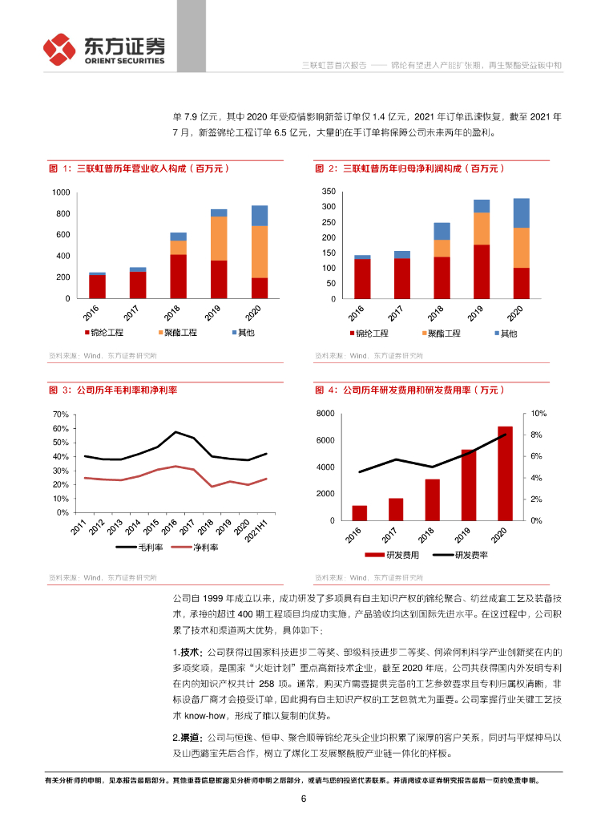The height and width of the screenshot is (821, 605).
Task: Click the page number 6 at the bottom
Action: click(x=304, y=799)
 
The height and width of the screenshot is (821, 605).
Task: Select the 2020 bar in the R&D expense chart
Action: click(x=504, y=473)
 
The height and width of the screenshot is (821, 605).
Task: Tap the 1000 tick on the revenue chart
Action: click(x=61, y=193)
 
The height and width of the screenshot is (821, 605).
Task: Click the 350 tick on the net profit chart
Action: click(x=328, y=192)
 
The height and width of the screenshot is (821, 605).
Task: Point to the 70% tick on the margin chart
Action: click(x=60, y=414)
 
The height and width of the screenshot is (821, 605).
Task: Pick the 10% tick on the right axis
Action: click(x=538, y=414)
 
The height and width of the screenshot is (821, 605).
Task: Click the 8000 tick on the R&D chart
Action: click(x=325, y=414)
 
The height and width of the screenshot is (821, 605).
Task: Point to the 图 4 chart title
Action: click(x=409, y=390)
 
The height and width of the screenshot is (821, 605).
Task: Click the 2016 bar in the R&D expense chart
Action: click(x=359, y=513)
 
